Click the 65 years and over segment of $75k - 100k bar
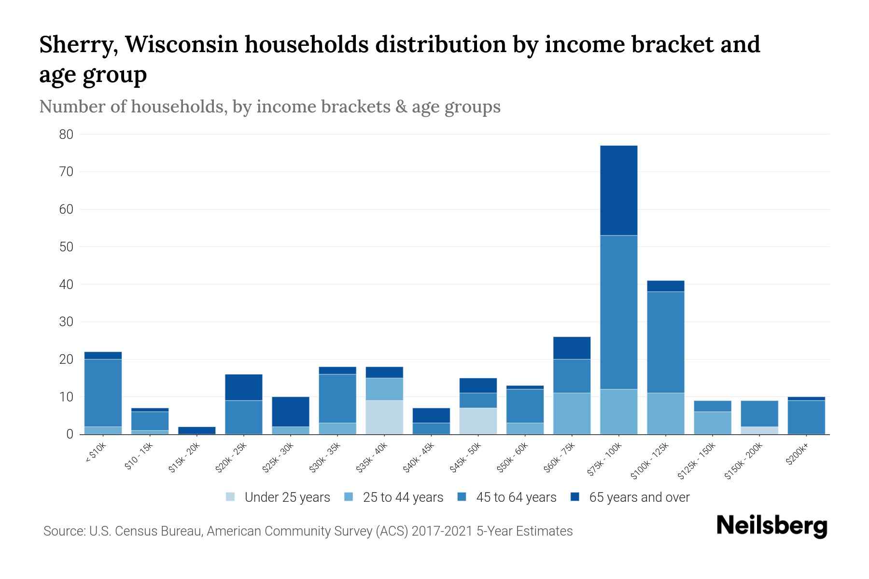[x=618, y=190]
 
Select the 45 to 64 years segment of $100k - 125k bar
[x=665, y=342]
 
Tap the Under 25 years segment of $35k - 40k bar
[x=384, y=417]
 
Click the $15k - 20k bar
[x=197, y=430]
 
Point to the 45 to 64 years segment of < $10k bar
[x=103, y=393]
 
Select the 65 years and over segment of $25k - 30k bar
[x=291, y=411]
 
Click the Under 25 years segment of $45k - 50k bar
[x=478, y=421]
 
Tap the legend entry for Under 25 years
[x=287, y=497]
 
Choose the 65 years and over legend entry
[x=639, y=497]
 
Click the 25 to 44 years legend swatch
[x=349, y=497]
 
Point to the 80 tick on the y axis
[x=66, y=135]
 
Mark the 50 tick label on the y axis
[x=66, y=247]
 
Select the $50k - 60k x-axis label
[x=513, y=457]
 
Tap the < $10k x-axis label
[x=96, y=454]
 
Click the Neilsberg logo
[x=771, y=526]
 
